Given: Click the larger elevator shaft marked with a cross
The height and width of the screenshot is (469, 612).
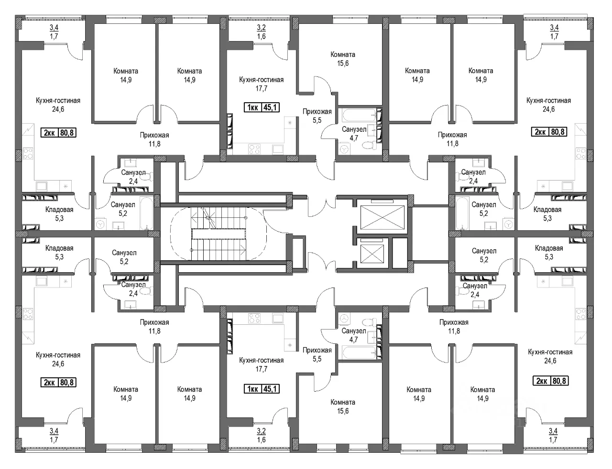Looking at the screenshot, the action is coord(382,217).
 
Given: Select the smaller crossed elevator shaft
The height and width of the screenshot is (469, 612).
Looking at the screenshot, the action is coord(372,254).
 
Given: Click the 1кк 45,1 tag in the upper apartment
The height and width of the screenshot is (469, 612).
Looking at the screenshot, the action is coord(262,107).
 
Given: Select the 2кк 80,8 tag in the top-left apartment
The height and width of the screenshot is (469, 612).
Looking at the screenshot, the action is coord(59,132).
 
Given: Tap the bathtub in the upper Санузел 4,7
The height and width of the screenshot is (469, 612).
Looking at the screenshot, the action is coord(359,115).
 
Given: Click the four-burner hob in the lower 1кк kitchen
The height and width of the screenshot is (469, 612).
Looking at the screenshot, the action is coord(254,318).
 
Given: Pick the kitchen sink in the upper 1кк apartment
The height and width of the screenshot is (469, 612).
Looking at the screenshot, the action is coord(278,149).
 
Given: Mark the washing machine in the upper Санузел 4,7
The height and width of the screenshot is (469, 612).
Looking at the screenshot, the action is coord(344,149).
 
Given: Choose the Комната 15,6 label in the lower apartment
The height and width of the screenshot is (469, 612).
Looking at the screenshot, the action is coord(343,406).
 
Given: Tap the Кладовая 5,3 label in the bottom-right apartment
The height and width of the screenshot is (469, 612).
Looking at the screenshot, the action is coord(549,252).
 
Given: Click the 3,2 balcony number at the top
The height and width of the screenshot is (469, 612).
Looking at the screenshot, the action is coord(262,28).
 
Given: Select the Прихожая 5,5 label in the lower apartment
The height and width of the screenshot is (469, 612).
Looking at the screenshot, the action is coord(317,354).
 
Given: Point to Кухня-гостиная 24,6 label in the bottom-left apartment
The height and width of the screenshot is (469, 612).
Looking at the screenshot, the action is coord(58,359).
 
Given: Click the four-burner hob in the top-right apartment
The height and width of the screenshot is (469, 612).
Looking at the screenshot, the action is coord(581,154).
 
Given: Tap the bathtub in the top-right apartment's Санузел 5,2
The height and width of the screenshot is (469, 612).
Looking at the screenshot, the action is coord(462,213).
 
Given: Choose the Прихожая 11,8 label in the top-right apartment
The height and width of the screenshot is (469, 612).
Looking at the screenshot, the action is coord(452,139).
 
